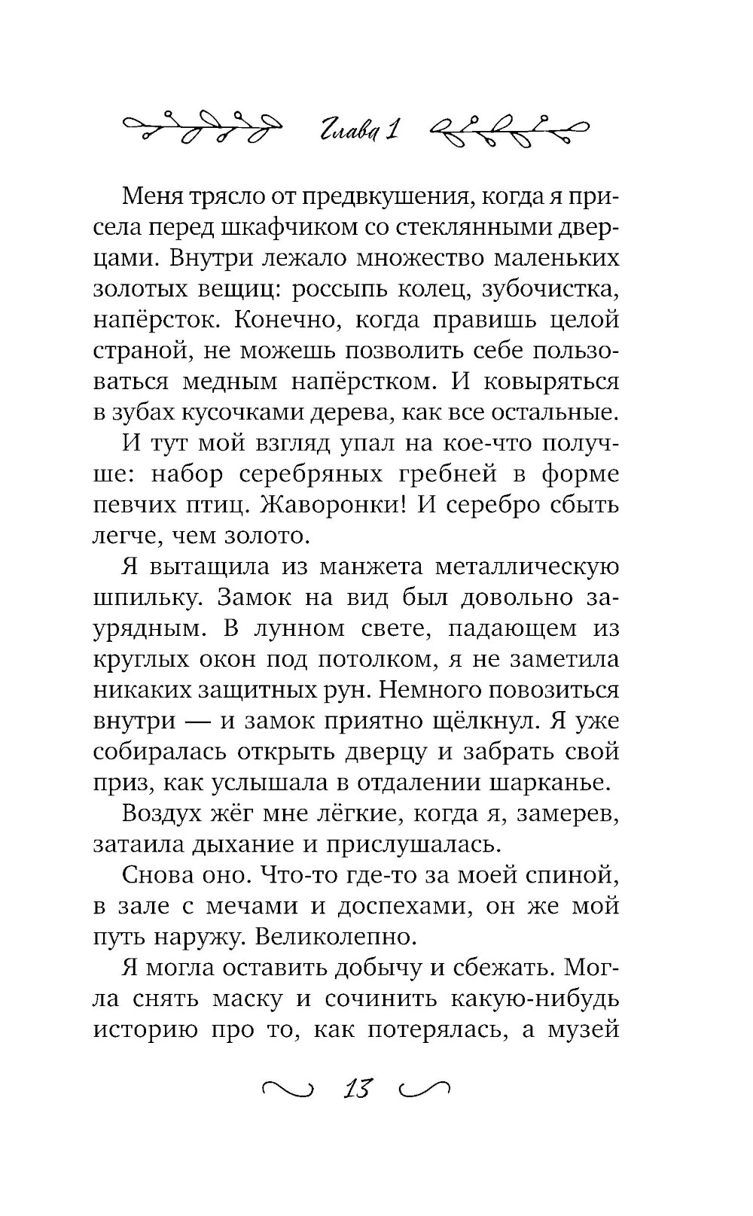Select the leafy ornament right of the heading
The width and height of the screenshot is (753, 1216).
coord(508,129)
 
